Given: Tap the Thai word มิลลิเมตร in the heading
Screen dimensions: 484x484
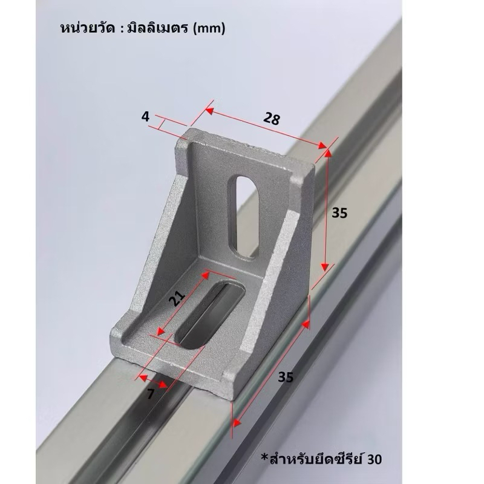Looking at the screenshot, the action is pos(157,27).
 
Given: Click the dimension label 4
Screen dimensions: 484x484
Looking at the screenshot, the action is pos(145,117).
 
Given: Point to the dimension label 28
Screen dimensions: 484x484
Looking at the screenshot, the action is pos(272,118).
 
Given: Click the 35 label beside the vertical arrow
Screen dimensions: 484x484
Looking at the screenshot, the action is pos(339,213).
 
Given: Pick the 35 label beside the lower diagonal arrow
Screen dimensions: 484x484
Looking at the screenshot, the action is pos(286,377).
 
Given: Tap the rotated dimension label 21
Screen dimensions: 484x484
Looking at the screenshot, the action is pos(177,298).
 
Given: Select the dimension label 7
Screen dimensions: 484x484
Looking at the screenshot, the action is pos(150,394).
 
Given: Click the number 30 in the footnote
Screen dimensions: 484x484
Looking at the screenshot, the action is pos(374,459).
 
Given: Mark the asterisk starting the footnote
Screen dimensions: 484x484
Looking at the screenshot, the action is pos(265,457).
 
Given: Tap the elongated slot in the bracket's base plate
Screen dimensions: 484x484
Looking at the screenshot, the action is pos(210,315).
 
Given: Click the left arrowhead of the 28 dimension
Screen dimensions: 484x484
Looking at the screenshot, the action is pos(209,111).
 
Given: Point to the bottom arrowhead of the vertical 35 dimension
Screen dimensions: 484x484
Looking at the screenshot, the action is pos(325,267).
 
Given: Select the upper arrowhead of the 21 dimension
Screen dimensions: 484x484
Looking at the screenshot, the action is pos(206,275).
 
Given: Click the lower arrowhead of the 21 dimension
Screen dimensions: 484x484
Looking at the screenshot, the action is pos(160,331).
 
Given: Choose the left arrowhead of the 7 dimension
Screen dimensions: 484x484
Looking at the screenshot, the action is pos(143,378).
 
